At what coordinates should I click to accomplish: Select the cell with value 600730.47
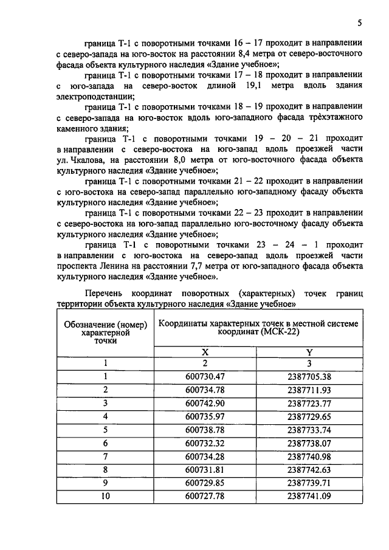pos(205,376)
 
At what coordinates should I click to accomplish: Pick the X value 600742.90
pos(205,403)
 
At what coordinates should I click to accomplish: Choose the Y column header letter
pos(309,351)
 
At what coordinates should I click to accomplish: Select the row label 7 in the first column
pos(105,456)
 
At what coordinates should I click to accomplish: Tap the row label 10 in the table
pos(105,497)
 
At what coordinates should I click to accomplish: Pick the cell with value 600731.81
pos(205,470)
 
